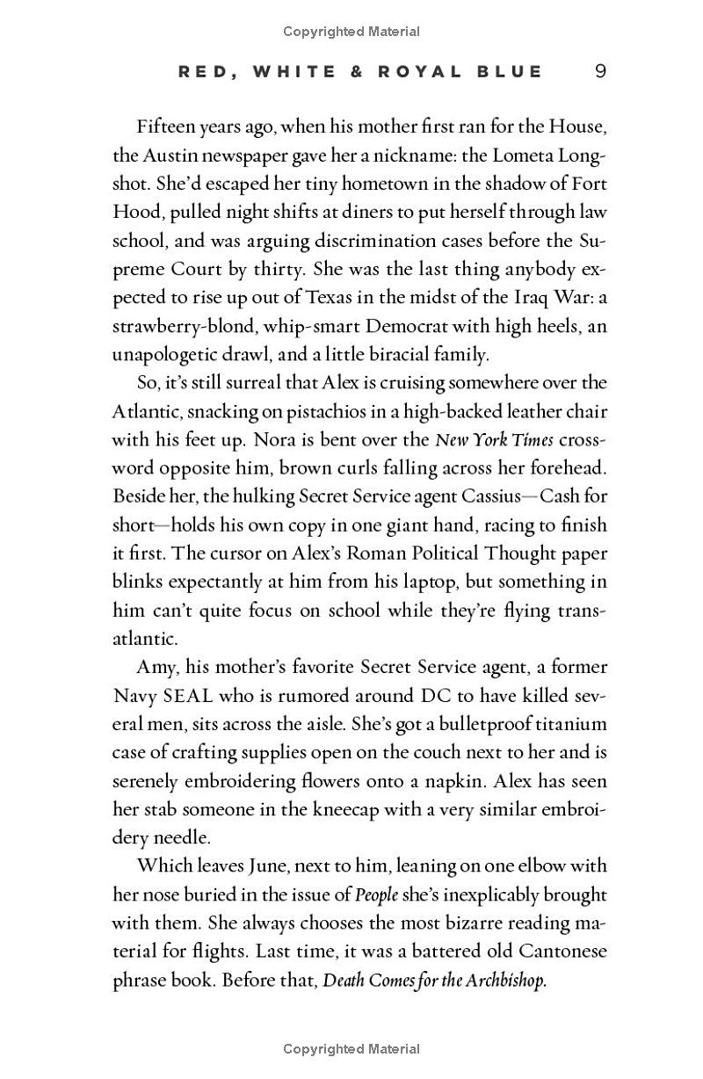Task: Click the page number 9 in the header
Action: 600,71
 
